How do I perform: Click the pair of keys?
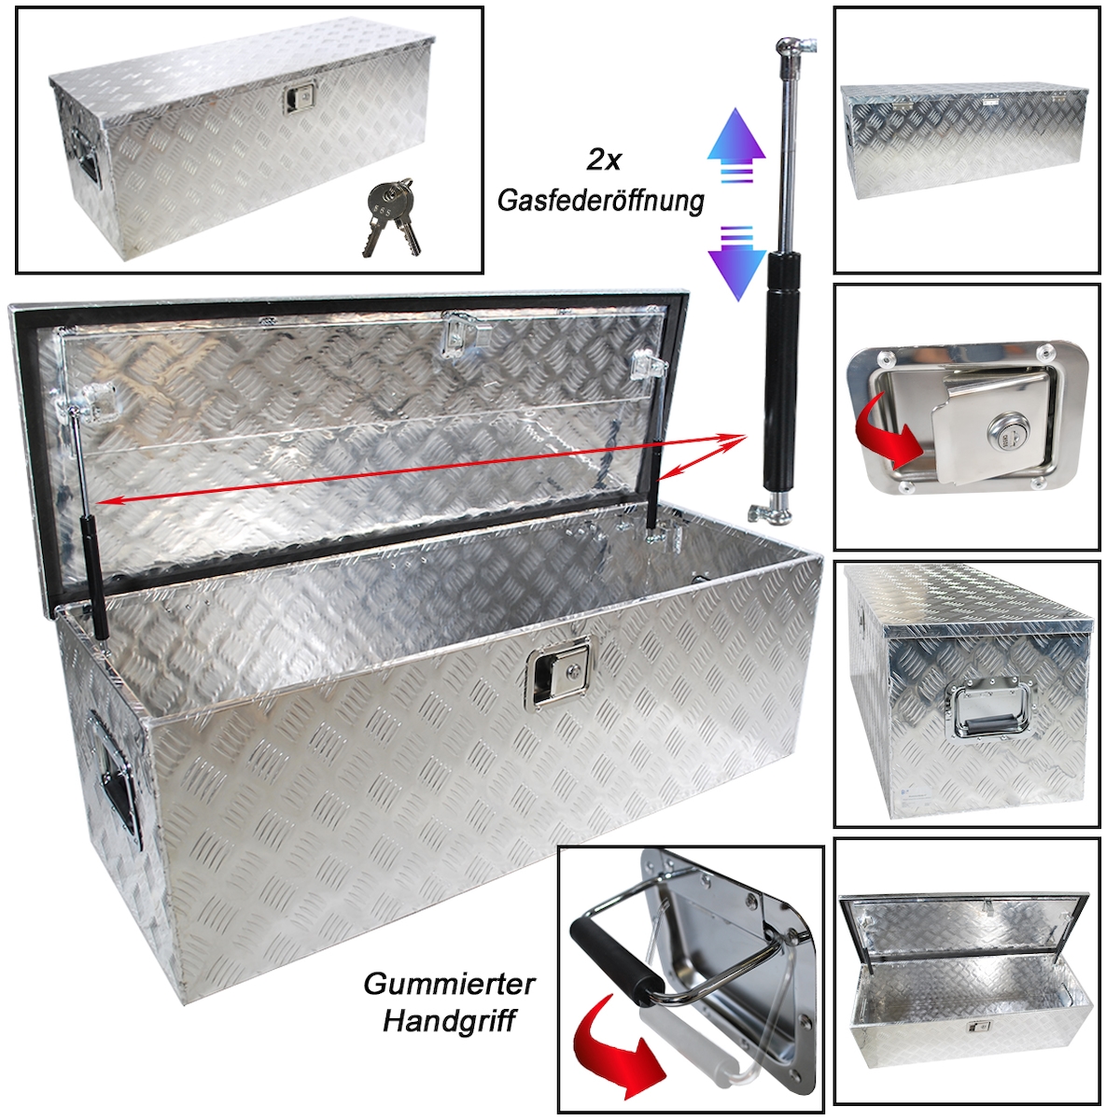coord(390,217)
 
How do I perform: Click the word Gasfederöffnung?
coord(601,201)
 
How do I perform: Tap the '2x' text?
coord(603,160)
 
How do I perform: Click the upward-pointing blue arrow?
coord(735,146)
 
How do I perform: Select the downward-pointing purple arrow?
coord(737,262)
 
